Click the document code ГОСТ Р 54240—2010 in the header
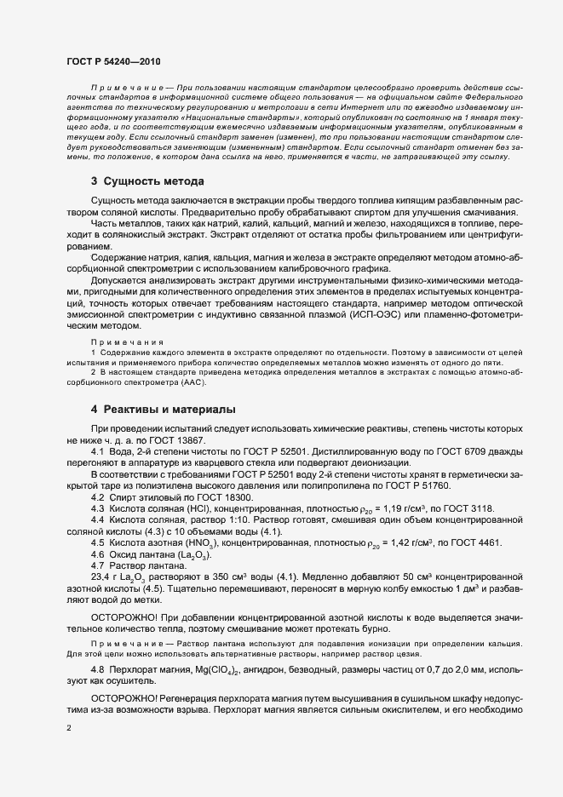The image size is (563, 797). click(x=112, y=63)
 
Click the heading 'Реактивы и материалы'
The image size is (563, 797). click(x=169, y=410)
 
